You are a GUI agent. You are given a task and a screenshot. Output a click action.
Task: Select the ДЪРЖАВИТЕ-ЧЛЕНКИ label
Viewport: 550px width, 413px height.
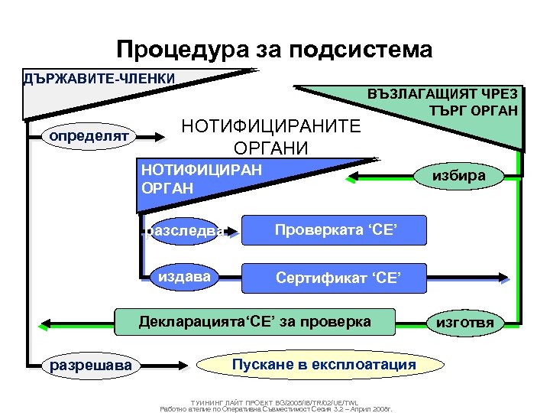pos(99,79)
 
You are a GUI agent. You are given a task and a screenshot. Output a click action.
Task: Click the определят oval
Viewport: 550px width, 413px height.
pos(89,136)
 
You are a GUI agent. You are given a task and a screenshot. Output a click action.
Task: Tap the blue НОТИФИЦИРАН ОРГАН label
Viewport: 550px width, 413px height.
pos(201,177)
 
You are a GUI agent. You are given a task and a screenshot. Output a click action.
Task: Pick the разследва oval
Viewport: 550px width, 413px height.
pos(186,230)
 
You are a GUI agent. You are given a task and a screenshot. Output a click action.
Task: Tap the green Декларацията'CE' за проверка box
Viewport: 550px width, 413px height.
pos(255,322)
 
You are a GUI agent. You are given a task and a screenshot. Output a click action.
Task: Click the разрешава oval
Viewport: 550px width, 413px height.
pos(89,366)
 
